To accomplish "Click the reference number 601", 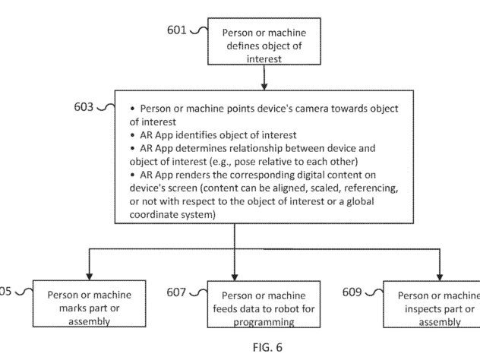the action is (x=177, y=30).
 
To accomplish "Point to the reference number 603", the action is (x=84, y=107).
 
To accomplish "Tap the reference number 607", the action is (x=176, y=292).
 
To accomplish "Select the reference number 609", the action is (x=352, y=292).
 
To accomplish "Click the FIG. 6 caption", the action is (x=267, y=347).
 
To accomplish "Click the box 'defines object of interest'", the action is (x=264, y=41).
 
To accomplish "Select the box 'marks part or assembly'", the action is (x=89, y=304).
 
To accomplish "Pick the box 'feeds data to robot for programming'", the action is (x=264, y=305).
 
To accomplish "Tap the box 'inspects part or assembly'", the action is (x=431, y=305).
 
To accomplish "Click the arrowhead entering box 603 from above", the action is (x=264, y=87).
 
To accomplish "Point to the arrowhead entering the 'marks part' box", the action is (x=89, y=276).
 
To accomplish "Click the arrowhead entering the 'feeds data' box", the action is (x=235, y=276).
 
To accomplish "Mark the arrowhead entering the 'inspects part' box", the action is (x=440, y=276).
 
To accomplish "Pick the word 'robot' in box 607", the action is (x=281, y=309).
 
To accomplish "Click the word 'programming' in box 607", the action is (x=264, y=322).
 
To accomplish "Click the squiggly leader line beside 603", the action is (x=106, y=107).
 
